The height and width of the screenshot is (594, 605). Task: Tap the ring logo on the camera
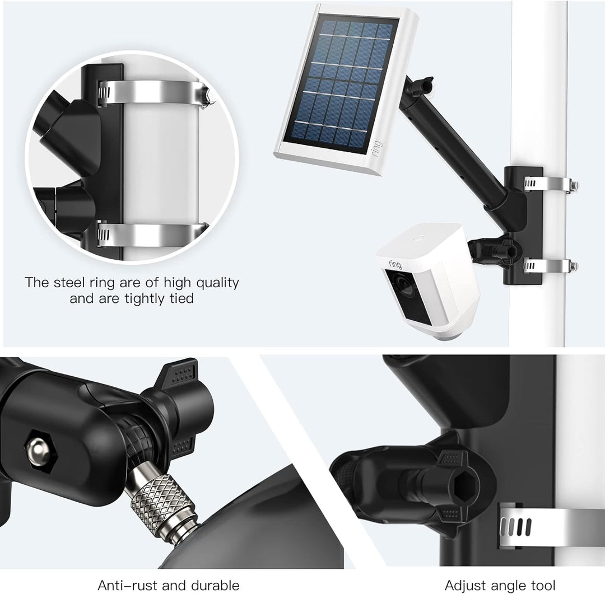coord(394,263)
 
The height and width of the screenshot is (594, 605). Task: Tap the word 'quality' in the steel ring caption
coord(212,282)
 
